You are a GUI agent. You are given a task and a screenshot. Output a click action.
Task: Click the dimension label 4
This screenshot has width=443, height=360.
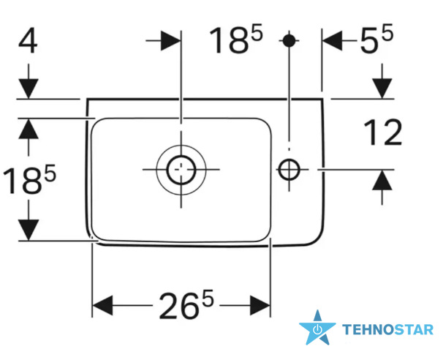tap(28, 41)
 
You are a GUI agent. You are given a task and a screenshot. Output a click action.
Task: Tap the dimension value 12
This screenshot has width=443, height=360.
tap(383, 132)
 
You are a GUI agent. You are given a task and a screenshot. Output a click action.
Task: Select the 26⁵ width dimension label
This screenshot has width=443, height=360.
tap(186, 304)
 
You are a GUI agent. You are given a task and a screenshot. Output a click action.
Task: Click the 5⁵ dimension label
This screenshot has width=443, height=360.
tap(376, 39)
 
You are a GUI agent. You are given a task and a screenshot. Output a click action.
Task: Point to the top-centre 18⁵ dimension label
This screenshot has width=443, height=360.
tap(235, 39)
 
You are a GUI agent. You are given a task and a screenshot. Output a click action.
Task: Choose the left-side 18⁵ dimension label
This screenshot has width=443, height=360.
tap(29, 180)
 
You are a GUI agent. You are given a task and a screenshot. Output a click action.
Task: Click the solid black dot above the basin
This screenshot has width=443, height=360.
tap(289, 41)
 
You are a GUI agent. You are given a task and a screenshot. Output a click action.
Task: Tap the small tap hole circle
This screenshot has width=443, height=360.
tap(289, 170)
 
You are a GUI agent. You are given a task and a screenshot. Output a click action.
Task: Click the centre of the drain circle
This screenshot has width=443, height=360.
tap(181, 170)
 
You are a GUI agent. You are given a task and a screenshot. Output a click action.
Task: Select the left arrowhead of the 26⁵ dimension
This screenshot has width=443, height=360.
tap(103, 306)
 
